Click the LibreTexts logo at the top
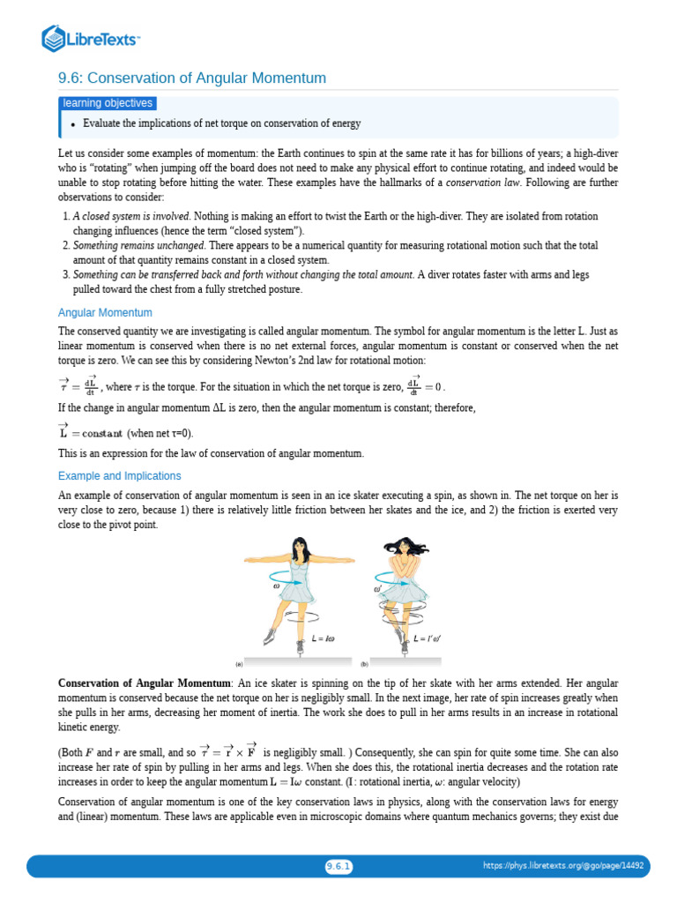point(92,38)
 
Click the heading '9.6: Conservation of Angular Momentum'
point(192,78)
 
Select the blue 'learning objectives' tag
point(108,103)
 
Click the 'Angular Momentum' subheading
point(105,312)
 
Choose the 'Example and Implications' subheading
point(119,475)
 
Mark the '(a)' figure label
point(238,663)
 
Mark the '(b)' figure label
point(364,663)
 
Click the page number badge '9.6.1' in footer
point(338,866)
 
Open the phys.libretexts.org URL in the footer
point(563,866)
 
